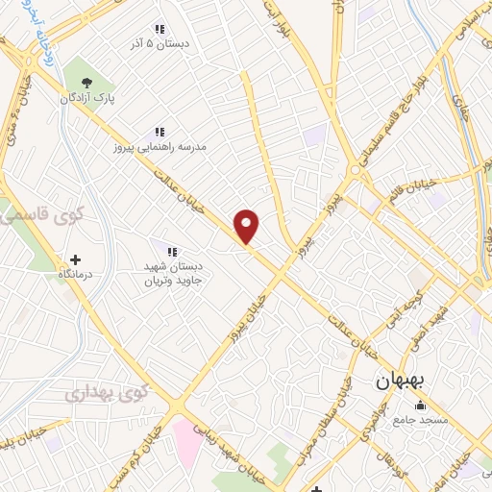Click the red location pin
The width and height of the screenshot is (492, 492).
point(247,226)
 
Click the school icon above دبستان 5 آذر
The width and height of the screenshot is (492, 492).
point(160,30)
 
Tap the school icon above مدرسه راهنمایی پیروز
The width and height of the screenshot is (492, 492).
point(160,132)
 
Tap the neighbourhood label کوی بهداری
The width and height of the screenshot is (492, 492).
point(108,392)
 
